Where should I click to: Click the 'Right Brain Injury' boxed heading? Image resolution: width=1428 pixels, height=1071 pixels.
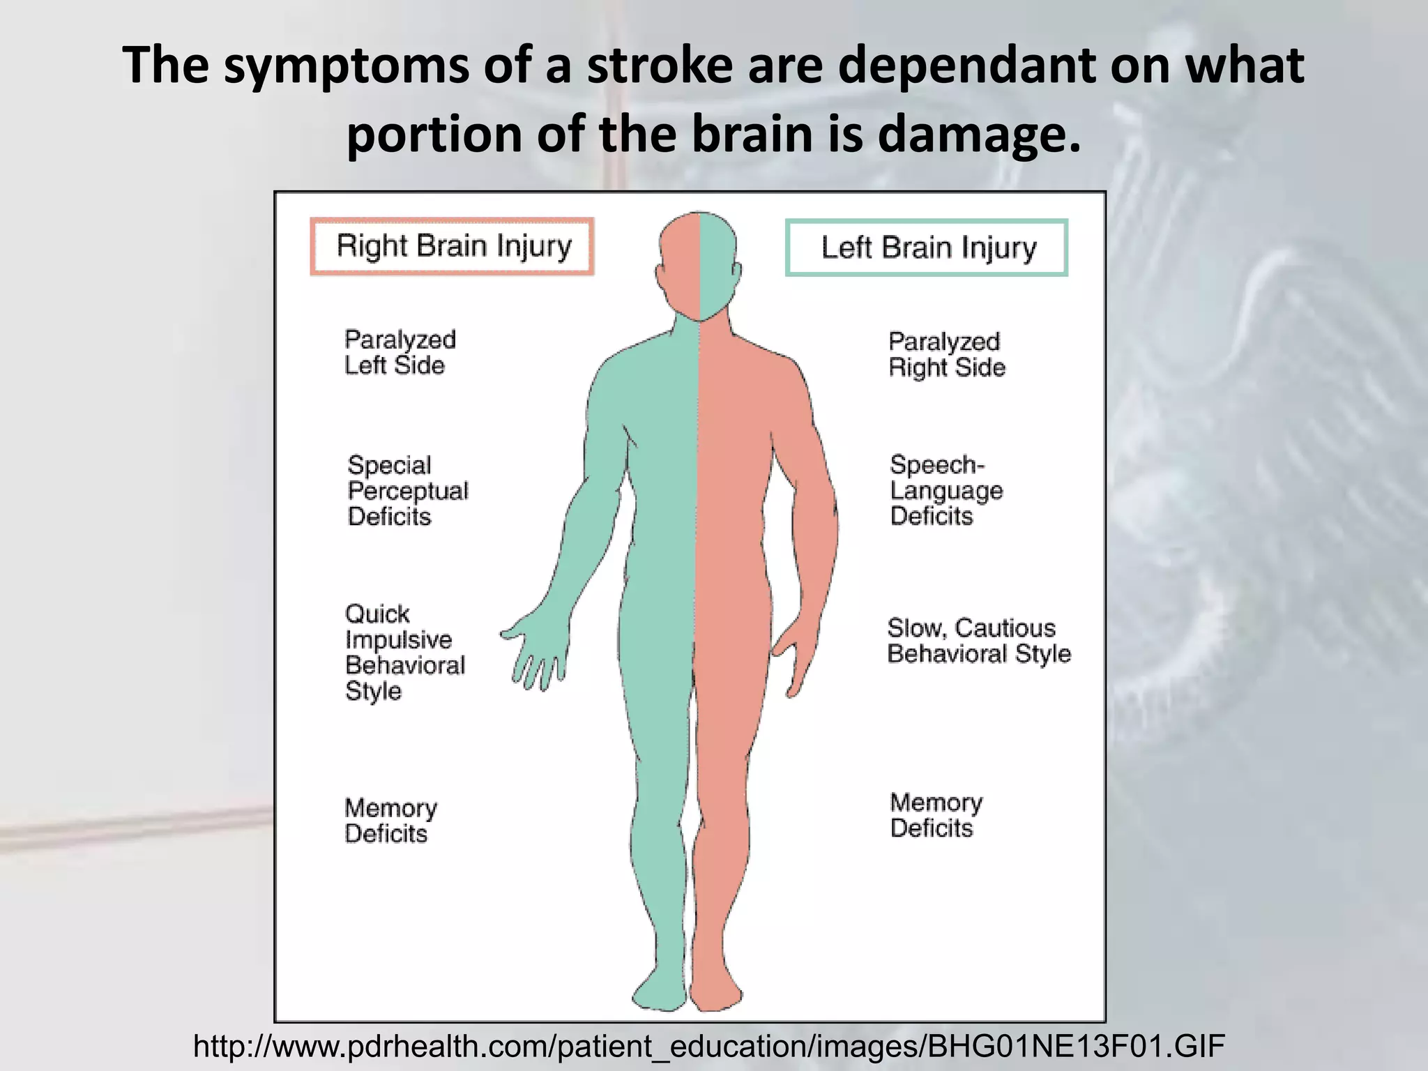click(x=453, y=246)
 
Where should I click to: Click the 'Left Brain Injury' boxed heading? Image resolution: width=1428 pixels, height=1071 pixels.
click(x=927, y=248)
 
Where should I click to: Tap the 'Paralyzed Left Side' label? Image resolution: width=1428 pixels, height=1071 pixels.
click(x=400, y=353)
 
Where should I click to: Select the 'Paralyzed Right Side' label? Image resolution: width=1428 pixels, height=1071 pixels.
click(x=946, y=354)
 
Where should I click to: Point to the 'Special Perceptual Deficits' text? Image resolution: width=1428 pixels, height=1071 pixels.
click(x=407, y=491)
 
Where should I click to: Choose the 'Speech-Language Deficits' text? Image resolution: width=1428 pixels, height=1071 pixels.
click(x=945, y=490)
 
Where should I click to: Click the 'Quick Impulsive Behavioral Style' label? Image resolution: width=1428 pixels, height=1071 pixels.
click(x=404, y=653)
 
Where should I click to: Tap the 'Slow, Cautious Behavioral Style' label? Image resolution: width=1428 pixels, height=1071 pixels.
click(x=978, y=641)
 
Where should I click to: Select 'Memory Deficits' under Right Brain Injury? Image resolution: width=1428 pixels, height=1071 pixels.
click(x=390, y=821)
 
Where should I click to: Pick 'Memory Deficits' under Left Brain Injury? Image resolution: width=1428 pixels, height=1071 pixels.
click(x=936, y=815)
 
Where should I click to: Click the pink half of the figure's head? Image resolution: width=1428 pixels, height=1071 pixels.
click(x=680, y=265)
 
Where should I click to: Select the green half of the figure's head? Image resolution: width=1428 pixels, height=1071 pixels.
click(x=718, y=265)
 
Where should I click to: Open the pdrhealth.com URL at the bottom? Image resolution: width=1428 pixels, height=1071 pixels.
click(x=708, y=1046)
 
